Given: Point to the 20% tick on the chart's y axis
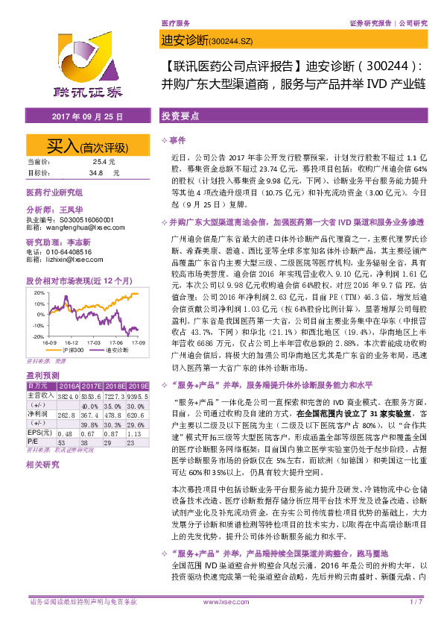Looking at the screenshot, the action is pos(37,293).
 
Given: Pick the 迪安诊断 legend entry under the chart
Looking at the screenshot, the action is pos(116,348).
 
